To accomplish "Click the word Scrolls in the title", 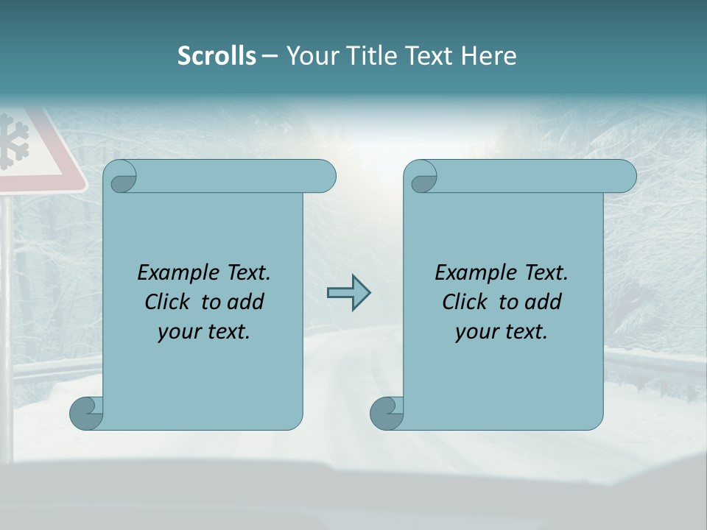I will coord(217,56).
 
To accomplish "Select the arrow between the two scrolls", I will coord(348,293).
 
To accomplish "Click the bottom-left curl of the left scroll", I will coord(85,413).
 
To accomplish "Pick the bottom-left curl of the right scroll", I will coord(386,413).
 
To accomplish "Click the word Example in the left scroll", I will coord(176,272).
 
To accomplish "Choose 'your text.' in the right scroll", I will coord(502,331).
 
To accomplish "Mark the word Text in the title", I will coord(426,56).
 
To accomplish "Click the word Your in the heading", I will coord(309,56).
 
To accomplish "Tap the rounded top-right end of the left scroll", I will coord(324,177).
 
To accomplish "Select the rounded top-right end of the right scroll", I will coord(625,177).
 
